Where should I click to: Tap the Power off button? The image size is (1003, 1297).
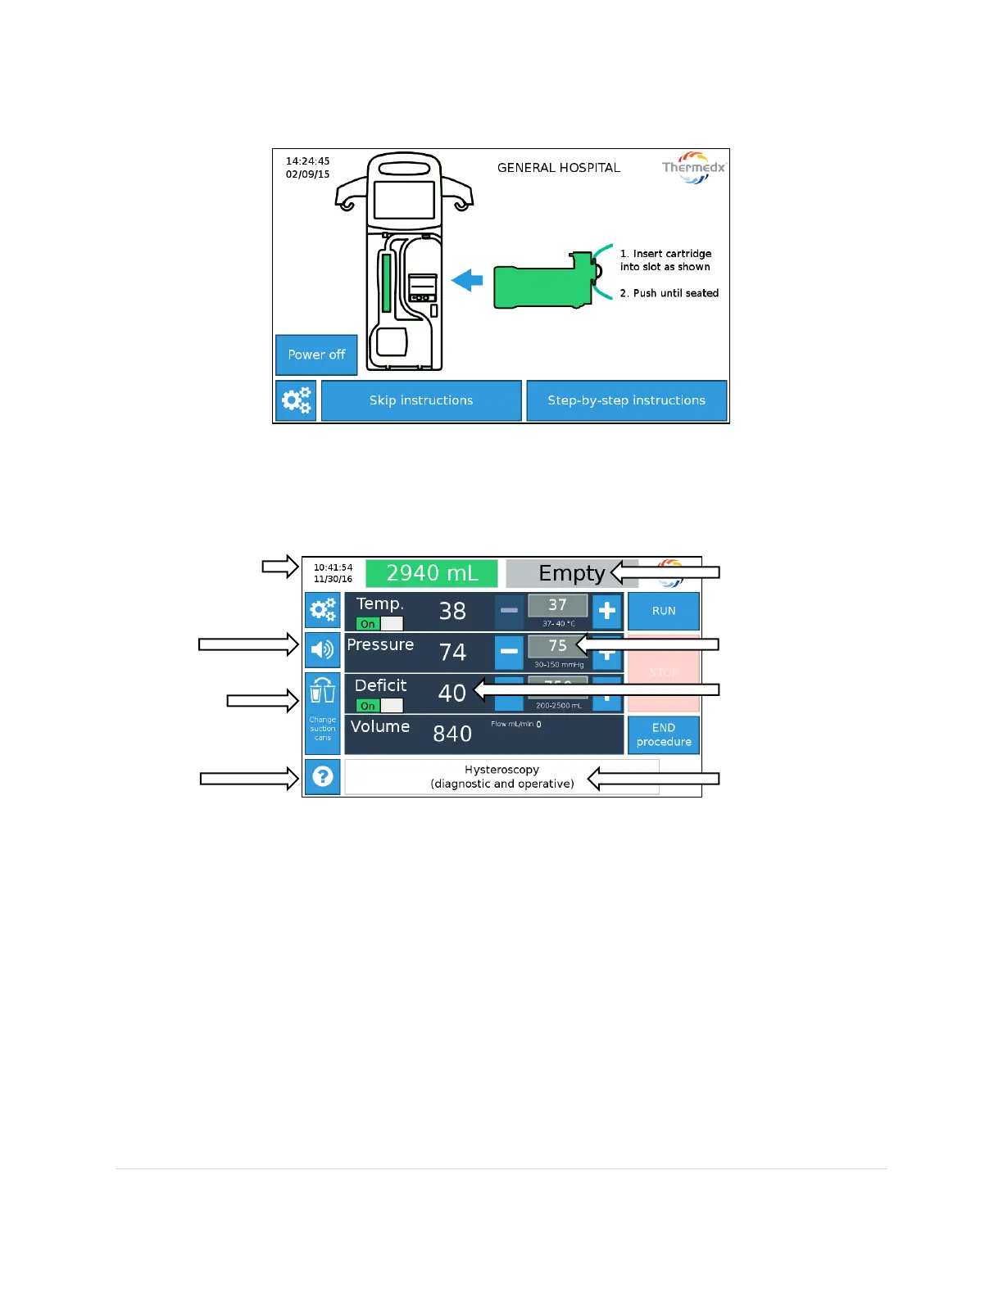(316, 355)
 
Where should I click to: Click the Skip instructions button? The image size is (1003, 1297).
(421, 400)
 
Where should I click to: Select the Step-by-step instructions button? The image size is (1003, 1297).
(626, 400)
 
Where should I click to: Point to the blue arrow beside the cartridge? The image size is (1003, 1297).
(467, 281)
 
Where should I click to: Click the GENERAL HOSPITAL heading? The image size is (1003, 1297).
(558, 168)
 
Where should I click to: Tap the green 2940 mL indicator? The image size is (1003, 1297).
(432, 573)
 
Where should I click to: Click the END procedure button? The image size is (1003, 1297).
(664, 734)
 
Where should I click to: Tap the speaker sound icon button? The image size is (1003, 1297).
(323, 650)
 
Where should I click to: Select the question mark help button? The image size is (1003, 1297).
(323, 776)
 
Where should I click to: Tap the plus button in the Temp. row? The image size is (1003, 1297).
(606, 611)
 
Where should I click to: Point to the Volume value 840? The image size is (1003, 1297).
(452, 734)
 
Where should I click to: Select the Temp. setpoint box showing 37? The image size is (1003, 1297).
(557, 605)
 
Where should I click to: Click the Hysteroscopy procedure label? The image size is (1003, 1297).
(501, 776)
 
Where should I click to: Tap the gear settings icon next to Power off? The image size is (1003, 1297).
(297, 400)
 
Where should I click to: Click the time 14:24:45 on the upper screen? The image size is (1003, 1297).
(307, 161)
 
